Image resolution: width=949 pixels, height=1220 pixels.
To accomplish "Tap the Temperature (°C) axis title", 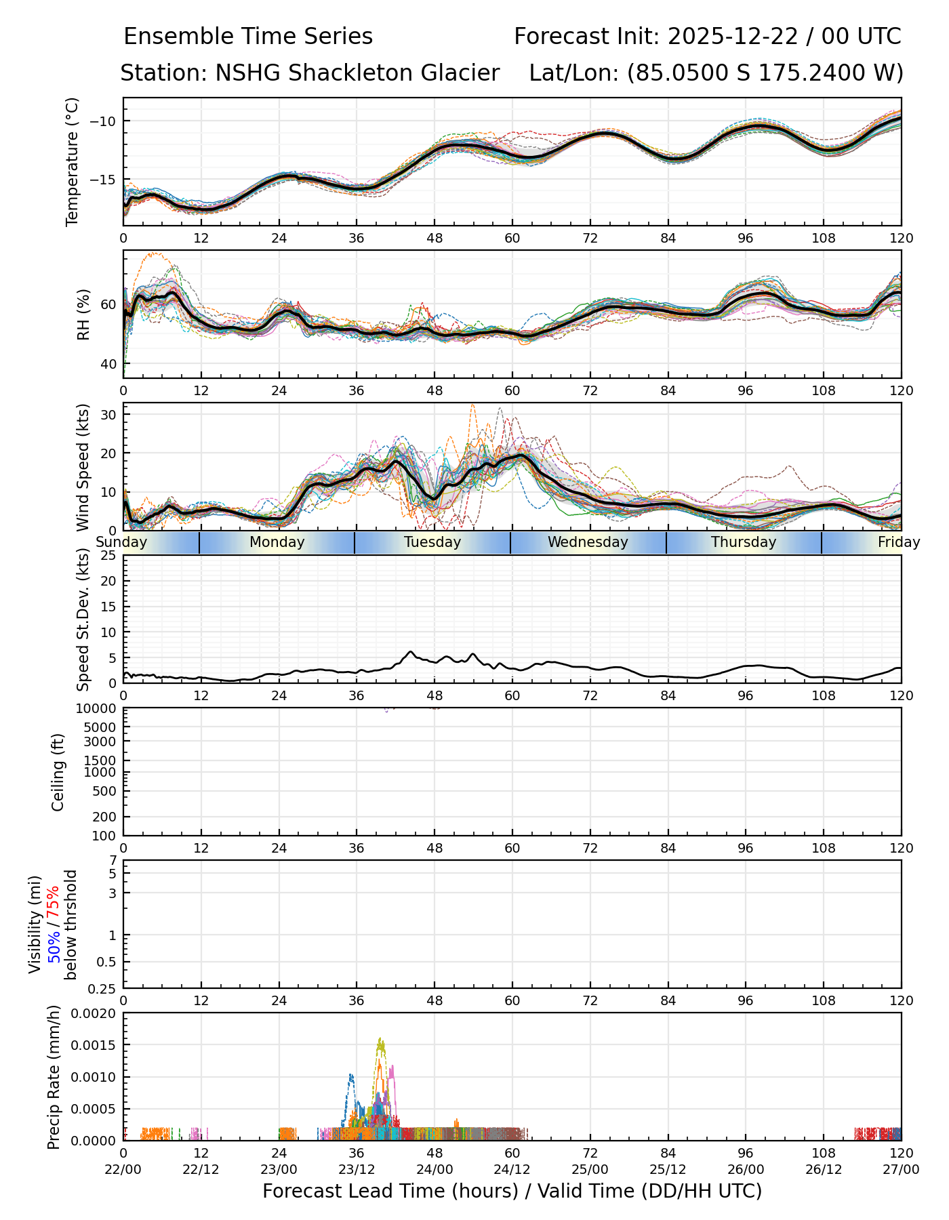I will (x=73, y=161).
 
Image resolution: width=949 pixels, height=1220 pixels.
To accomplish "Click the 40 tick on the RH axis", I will (x=109, y=364).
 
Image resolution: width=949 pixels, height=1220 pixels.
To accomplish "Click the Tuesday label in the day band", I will (x=432, y=542).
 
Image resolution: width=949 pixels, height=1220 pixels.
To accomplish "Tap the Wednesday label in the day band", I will (x=588, y=542).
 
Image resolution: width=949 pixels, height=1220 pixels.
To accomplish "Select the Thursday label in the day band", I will (x=744, y=542).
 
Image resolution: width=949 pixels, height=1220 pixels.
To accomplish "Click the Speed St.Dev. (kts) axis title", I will (x=83, y=619).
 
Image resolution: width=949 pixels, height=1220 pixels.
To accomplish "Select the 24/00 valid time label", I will (x=435, y=1169).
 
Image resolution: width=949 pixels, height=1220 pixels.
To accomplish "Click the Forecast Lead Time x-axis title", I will (x=512, y=1191).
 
